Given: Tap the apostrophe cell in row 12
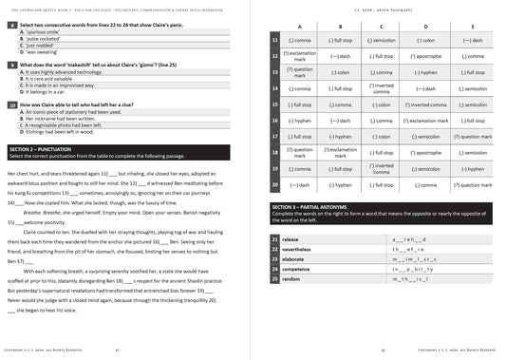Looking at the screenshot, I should (427, 56).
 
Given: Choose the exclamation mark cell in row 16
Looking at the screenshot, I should (427, 120).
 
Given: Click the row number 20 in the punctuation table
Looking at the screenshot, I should (274, 184).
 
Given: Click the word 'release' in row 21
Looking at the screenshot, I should (290, 239).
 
